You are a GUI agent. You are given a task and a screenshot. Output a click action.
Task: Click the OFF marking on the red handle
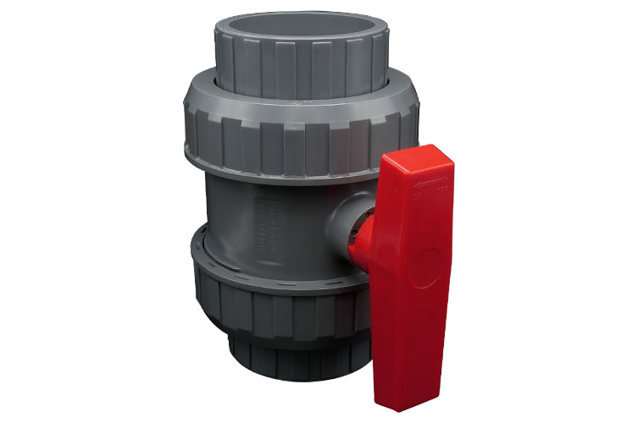437,194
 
